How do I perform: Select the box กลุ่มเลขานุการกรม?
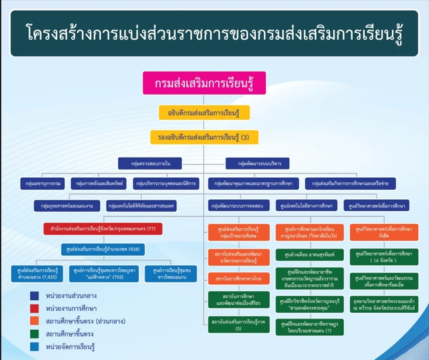click(43, 183)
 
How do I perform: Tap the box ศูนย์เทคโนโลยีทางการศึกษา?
click(308, 206)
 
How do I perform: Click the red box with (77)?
click(103, 228)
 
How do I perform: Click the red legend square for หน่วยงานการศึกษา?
click(35, 308)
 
